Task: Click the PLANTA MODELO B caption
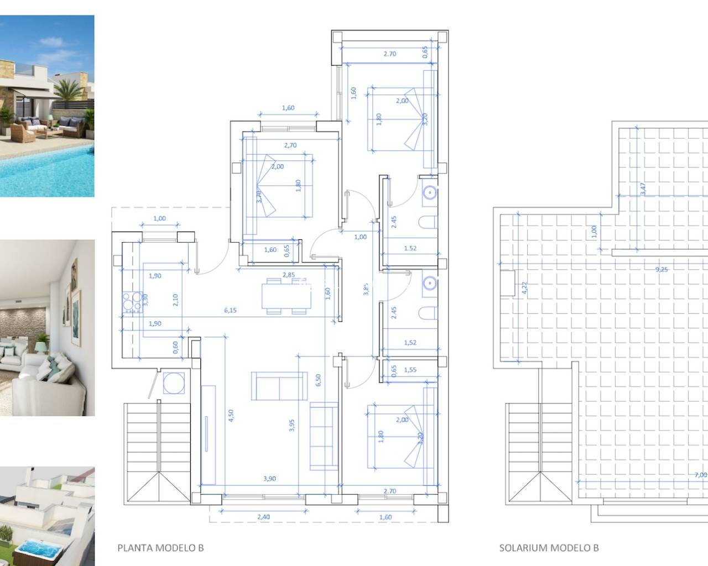160,548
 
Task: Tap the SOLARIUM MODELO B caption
549,548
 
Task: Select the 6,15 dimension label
230,310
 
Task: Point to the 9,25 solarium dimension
661,270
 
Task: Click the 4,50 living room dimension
231,416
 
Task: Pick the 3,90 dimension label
269,479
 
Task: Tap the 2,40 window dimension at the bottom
263,517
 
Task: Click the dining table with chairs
285,296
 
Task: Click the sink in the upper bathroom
429,192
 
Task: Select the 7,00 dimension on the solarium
700,474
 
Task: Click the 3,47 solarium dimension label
643,189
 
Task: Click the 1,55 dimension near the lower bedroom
410,370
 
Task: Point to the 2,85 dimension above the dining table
288,275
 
